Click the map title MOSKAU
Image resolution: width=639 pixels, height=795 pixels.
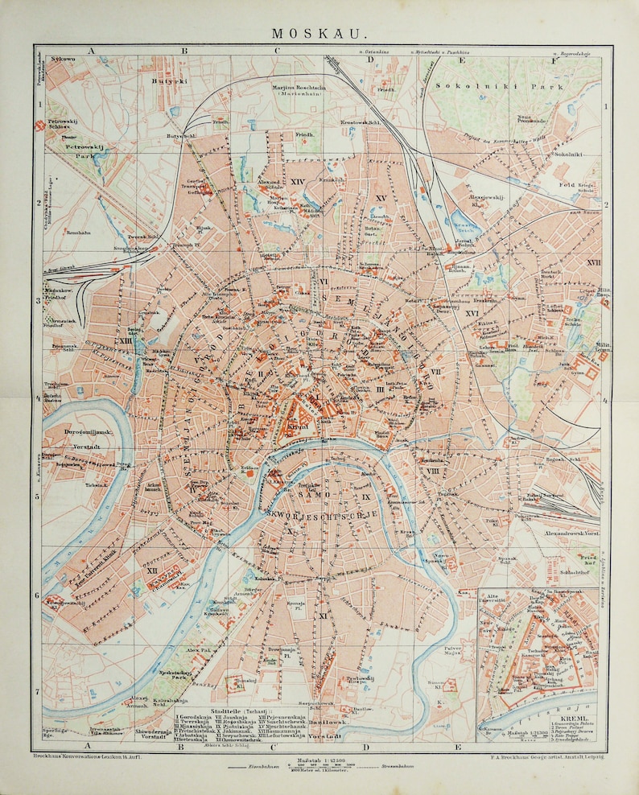coord(319,34)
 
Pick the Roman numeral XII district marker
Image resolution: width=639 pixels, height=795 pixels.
coord(150,570)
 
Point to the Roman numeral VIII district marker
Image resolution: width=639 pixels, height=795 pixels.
coord(432,470)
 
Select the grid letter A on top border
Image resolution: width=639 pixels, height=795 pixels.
coord(92,51)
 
